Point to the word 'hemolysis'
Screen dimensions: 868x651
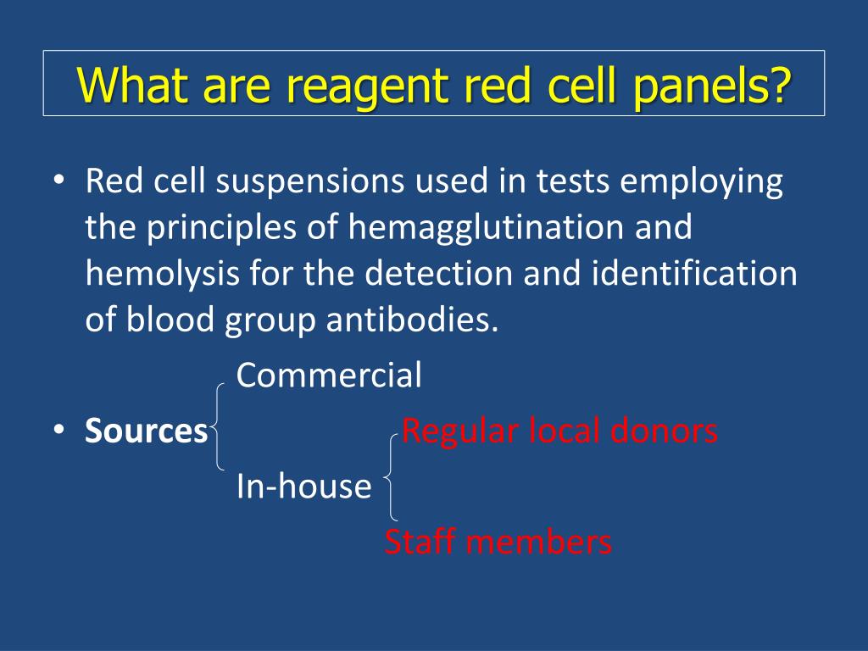coord(162,275)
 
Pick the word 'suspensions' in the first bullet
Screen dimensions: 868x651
coord(310,182)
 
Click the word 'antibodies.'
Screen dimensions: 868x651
coord(413,320)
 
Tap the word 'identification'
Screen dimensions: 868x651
coord(694,273)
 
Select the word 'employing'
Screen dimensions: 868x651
coord(701,182)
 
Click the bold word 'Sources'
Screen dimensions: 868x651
coord(146,431)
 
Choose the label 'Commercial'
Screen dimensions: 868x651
coord(329,375)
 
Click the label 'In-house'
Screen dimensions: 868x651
coord(304,486)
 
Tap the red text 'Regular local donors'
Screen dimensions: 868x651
coord(559,430)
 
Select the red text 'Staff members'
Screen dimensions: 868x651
coord(498,542)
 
